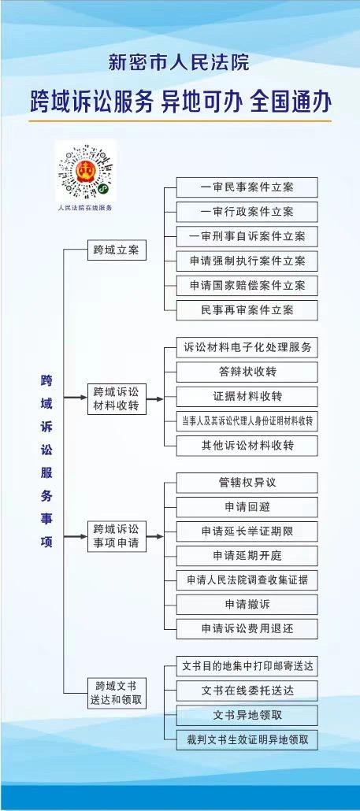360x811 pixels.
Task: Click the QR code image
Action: [x=86, y=172]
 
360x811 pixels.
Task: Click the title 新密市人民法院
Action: [x=179, y=62]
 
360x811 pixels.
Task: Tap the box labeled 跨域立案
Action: [x=117, y=251]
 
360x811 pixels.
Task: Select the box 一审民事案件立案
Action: [x=247, y=187]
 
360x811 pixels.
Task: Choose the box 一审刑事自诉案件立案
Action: [x=247, y=236]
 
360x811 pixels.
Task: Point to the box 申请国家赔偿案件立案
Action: [x=247, y=286]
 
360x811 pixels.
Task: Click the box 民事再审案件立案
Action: [x=247, y=309]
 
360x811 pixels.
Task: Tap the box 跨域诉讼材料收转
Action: [x=117, y=398]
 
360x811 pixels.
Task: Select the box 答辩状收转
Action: [x=247, y=372]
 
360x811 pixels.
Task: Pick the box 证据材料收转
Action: [x=247, y=397]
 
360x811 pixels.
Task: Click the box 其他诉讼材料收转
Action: [x=247, y=446]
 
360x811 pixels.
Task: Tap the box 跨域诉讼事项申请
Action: [x=117, y=536]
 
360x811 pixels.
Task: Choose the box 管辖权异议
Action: [x=247, y=483]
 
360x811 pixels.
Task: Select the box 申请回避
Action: [x=247, y=507]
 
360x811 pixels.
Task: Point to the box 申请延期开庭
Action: [x=247, y=556]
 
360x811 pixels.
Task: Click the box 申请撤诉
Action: [x=247, y=604]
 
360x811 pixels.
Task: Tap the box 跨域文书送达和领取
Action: [x=117, y=693]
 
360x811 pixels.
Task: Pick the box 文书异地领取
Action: [x=247, y=715]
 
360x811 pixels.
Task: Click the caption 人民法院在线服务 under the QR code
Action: [x=86, y=207]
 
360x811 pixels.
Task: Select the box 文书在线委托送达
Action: [x=247, y=691]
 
